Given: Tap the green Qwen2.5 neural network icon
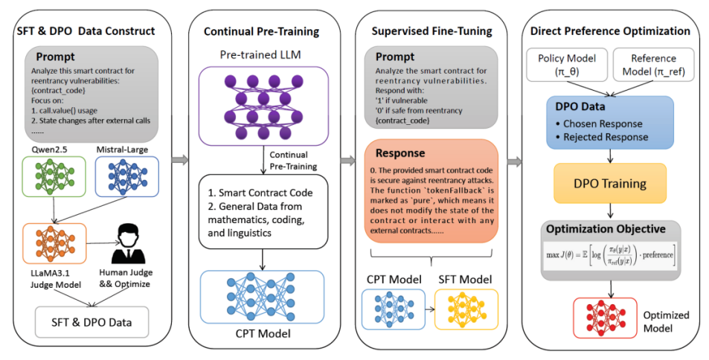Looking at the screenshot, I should click(54, 176).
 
